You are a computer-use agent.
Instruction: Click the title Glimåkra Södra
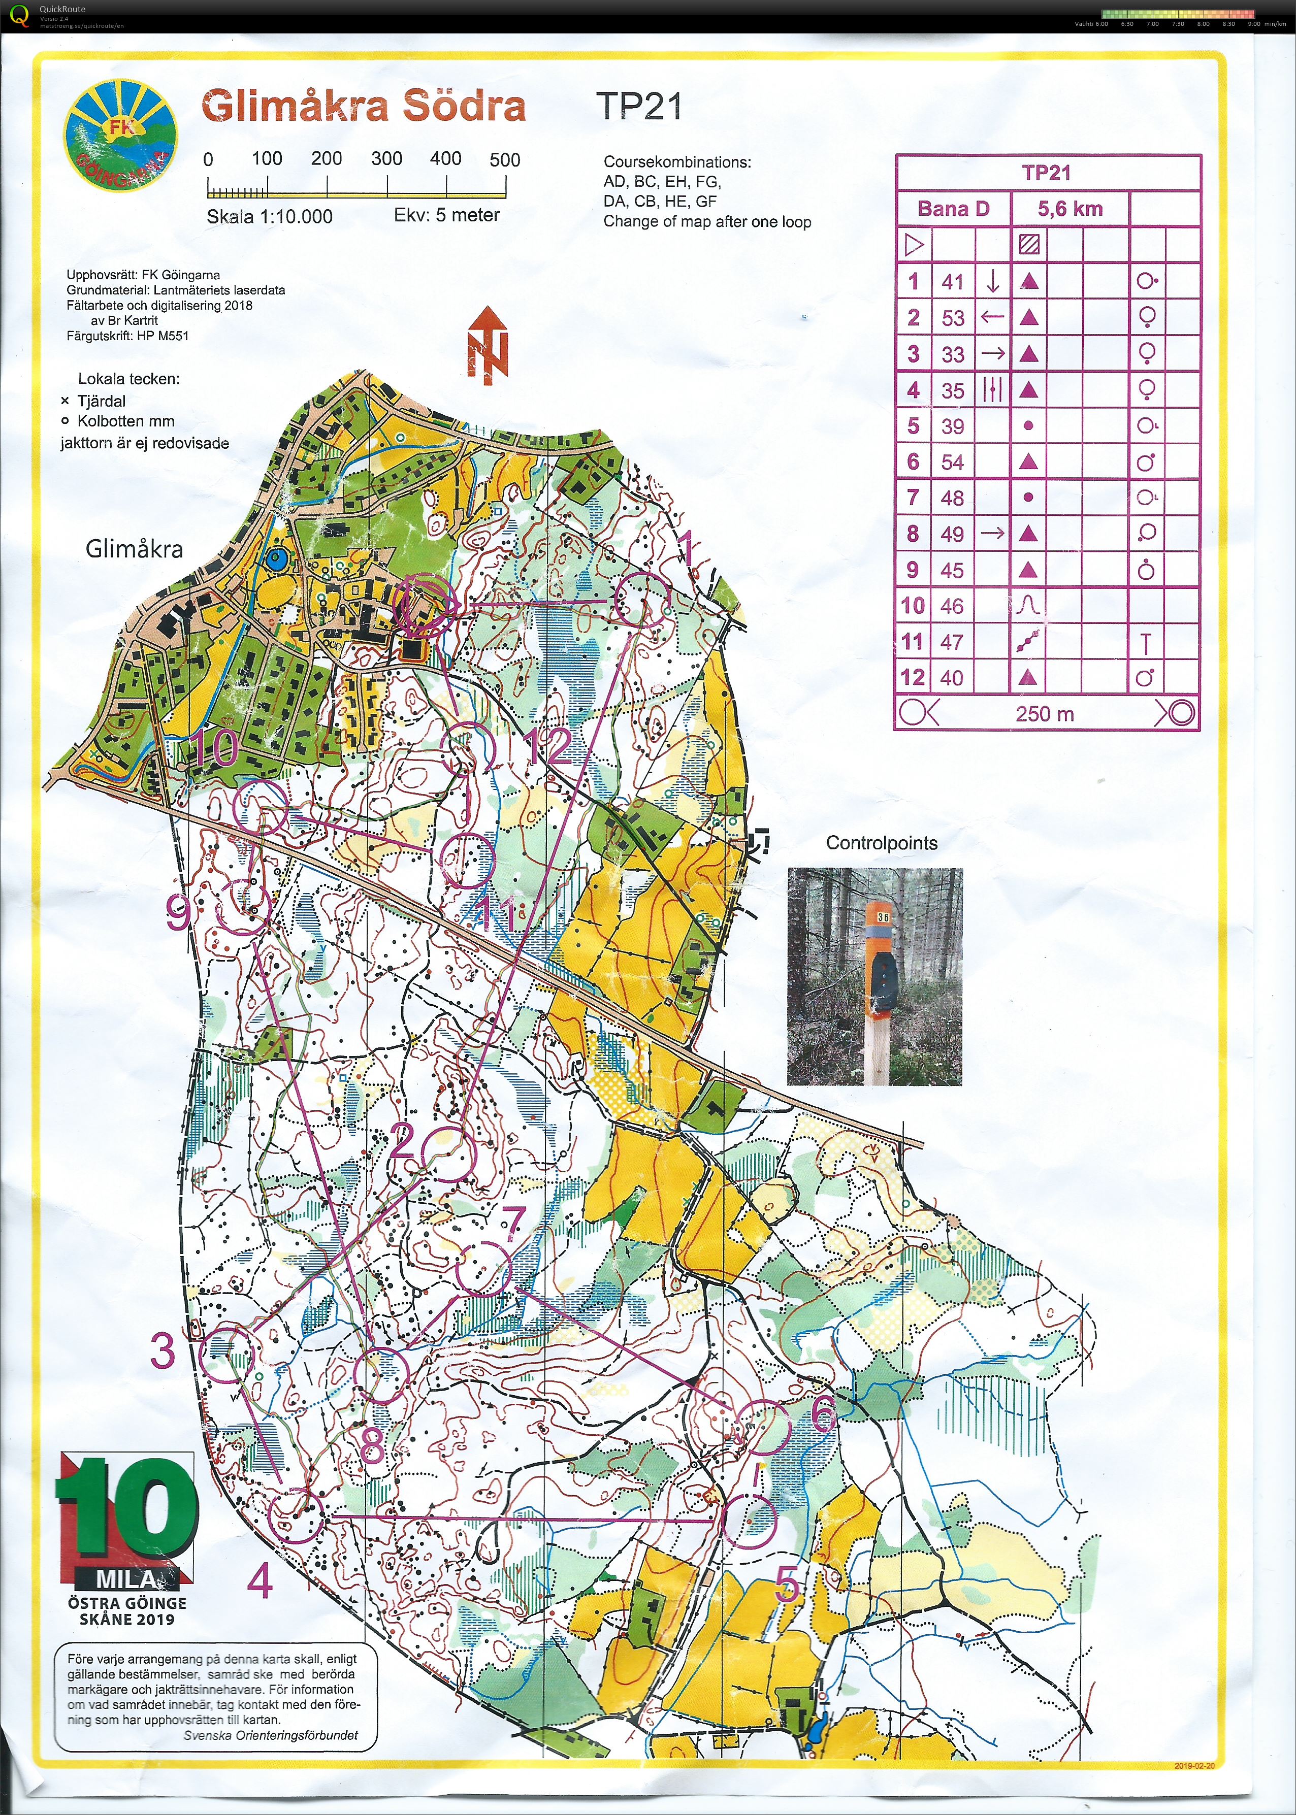pyautogui.click(x=363, y=106)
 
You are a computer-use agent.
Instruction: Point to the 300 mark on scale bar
pyautogui.click(x=387, y=159)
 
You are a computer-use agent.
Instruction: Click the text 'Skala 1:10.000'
pyautogui.click(x=269, y=216)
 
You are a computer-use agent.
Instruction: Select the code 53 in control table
pyautogui.click(x=953, y=318)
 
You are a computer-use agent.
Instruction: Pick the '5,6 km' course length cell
pyautogui.click(x=1070, y=209)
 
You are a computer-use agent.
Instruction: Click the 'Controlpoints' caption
pyautogui.click(x=881, y=843)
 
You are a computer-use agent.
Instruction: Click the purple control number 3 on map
pyautogui.click(x=163, y=1350)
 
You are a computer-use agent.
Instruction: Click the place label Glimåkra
pyautogui.click(x=134, y=549)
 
